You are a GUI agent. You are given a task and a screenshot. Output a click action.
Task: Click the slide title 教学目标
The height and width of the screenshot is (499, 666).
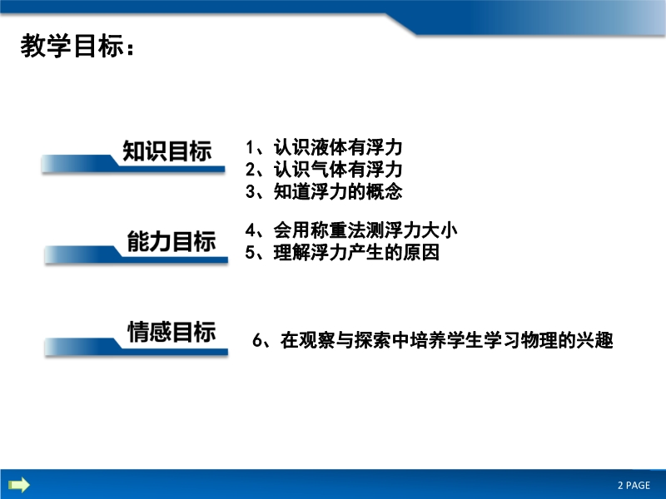(x=72, y=46)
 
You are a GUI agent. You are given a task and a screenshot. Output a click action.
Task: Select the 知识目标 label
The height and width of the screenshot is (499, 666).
(x=167, y=151)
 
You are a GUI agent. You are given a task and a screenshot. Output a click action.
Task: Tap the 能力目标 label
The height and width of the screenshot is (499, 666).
(x=171, y=241)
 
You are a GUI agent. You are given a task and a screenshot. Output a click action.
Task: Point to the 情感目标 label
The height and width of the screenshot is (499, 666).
(x=171, y=331)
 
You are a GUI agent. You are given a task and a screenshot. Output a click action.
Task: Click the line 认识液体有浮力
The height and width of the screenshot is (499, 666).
(x=338, y=147)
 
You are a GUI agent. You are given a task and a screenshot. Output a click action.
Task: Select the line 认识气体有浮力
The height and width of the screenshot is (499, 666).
(x=338, y=170)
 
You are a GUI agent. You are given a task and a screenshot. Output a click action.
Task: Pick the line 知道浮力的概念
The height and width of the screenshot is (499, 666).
(x=338, y=191)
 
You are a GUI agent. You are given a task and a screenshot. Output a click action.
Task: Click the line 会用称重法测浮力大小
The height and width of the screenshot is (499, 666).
(x=365, y=230)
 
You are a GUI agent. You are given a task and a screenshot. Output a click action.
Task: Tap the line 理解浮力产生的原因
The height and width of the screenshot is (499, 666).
(x=356, y=253)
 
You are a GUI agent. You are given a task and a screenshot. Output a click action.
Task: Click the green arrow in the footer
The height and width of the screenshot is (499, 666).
(x=19, y=485)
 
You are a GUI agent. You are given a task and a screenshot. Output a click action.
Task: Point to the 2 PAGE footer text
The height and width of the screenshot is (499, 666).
(x=634, y=485)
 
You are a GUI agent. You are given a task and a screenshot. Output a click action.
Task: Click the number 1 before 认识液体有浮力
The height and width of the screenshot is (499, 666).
(x=250, y=148)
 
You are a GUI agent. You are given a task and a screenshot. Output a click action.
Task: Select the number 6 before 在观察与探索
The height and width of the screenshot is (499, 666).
(x=257, y=340)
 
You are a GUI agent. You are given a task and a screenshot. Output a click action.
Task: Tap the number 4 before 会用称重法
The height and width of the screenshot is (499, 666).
(x=251, y=230)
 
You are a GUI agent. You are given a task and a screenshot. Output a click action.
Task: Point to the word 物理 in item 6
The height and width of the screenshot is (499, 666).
(x=539, y=340)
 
